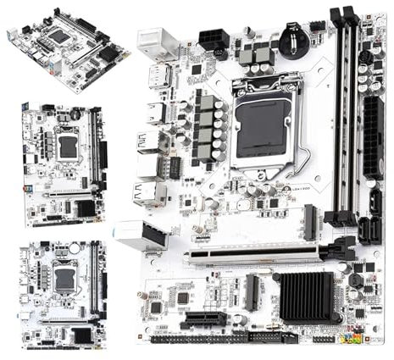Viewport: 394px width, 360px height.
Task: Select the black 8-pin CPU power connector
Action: tap(213, 40)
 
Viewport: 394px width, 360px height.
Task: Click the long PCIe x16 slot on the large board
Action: tap(254, 252)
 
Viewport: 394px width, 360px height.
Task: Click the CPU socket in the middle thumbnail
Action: tap(68, 147)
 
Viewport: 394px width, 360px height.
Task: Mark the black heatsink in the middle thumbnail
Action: tap(85, 208)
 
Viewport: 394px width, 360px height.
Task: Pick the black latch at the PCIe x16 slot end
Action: tap(341, 248)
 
